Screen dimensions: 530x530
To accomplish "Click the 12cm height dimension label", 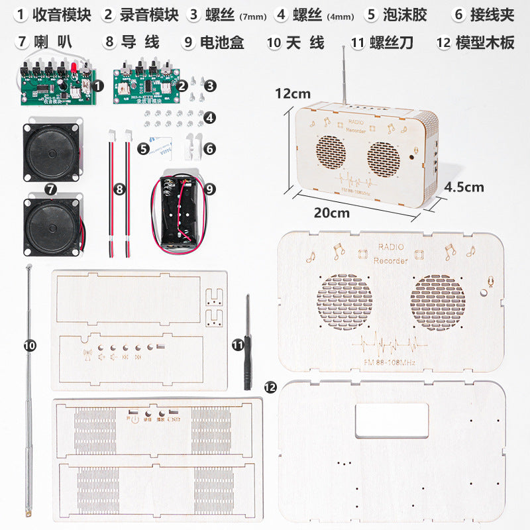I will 292,94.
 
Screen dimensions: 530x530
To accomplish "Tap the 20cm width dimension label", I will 331,213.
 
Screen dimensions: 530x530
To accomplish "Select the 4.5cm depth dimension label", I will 464,187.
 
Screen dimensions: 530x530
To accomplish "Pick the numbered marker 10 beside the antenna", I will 30,345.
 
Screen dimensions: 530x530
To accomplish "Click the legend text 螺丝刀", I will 392,43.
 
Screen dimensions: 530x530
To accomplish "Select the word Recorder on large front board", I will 391,260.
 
